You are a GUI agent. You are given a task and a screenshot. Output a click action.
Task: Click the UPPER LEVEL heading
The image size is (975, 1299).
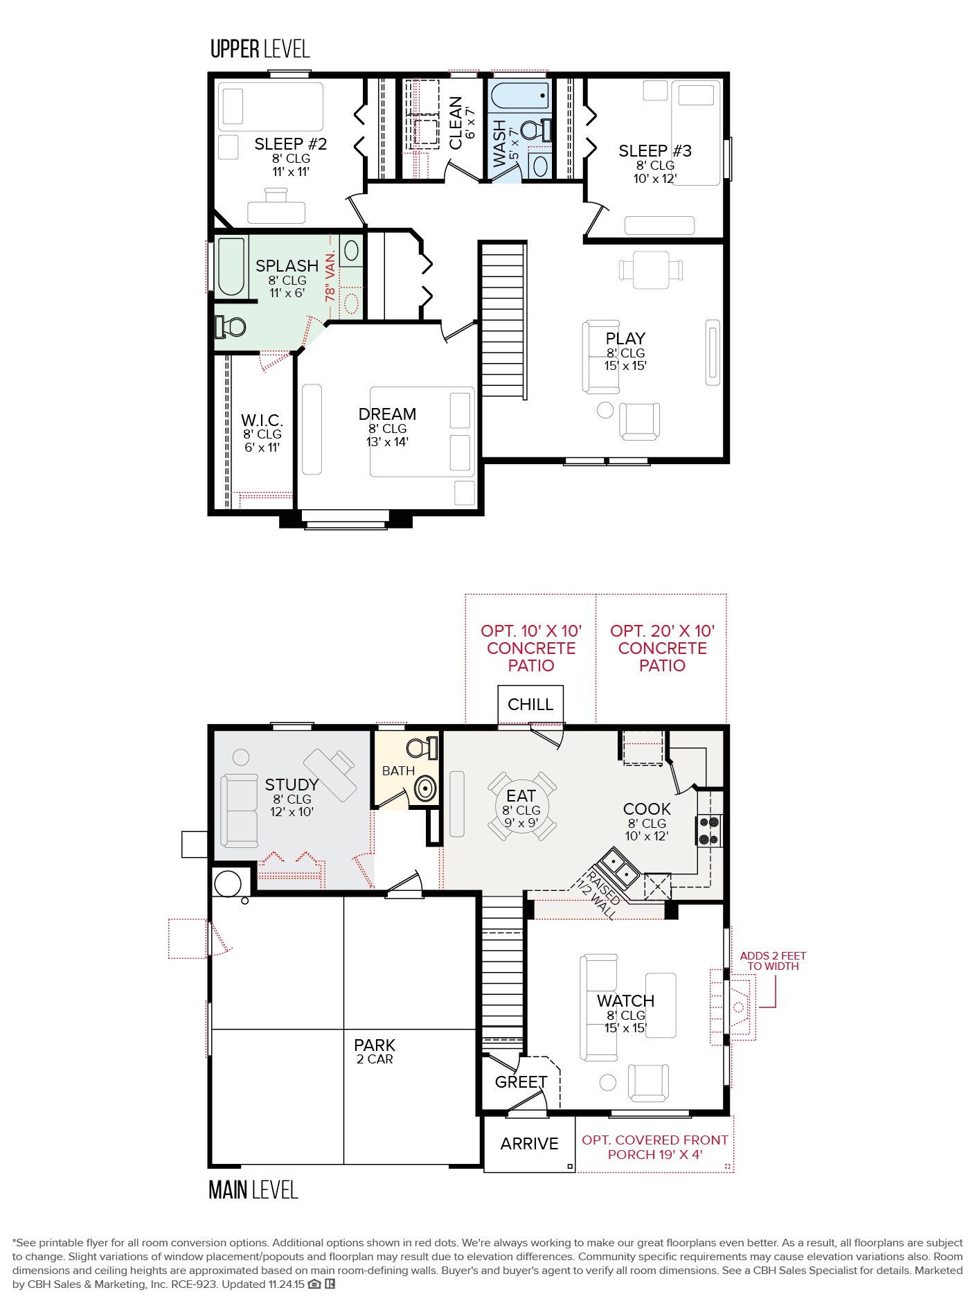click(260, 49)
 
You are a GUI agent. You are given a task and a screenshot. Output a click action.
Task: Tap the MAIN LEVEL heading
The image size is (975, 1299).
click(253, 1190)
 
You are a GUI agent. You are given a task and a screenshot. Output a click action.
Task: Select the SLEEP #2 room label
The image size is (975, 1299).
click(290, 144)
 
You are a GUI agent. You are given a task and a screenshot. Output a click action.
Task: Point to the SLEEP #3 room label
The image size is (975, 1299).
click(655, 151)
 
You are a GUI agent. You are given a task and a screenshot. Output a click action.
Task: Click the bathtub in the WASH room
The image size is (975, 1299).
click(519, 95)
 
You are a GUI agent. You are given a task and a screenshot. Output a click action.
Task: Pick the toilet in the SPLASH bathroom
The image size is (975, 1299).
click(231, 326)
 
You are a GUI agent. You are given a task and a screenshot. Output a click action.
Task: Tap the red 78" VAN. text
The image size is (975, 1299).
click(330, 275)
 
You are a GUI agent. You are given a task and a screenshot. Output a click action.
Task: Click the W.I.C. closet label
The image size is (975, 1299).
click(262, 421)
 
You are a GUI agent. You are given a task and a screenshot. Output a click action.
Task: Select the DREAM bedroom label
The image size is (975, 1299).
click(387, 414)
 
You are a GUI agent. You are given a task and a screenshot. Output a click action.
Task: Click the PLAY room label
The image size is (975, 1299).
click(625, 339)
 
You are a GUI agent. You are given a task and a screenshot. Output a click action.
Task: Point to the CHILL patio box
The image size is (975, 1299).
click(530, 705)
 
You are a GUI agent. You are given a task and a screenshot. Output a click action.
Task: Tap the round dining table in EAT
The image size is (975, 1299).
click(522, 806)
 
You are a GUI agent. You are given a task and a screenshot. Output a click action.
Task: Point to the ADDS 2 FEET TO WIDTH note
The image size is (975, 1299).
click(773, 961)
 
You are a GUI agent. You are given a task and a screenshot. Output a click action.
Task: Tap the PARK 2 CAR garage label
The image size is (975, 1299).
click(375, 1051)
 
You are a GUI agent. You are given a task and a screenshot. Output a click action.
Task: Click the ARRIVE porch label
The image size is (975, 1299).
click(529, 1144)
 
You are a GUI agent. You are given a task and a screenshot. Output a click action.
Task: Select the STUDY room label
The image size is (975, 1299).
click(292, 785)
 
